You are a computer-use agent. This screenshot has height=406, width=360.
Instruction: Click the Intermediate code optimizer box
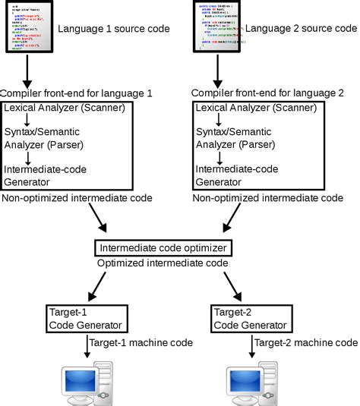162,248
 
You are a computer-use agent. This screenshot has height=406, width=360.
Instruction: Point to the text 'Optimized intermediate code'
163,263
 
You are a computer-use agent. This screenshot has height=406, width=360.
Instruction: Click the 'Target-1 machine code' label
140,343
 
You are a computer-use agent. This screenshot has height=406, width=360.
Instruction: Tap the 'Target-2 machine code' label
306,343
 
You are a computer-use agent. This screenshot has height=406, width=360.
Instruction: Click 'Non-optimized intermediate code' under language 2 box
267,197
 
